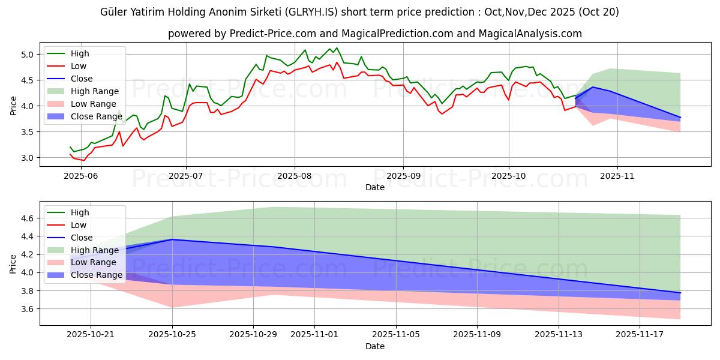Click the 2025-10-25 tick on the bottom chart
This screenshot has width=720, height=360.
pyautogui.click(x=172, y=335)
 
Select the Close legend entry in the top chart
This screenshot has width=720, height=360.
pyautogui.click(x=82, y=79)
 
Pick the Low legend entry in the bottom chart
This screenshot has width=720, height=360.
pyautogui.click(x=79, y=225)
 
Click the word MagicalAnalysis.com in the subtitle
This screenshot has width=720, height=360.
pyautogui.click(x=530, y=34)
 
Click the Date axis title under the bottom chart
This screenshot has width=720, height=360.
pyautogui.click(x=375, y=347)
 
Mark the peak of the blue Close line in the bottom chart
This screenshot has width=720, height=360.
pyautogui.click(x=172, y=239)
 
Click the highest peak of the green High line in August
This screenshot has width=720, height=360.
pyautogui.click(x=337, y=48)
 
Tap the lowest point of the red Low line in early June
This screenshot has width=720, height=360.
pyautogui.click(x=83, y=160)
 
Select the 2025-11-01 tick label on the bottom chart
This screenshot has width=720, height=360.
pyautogui.click(x=314, y=335)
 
